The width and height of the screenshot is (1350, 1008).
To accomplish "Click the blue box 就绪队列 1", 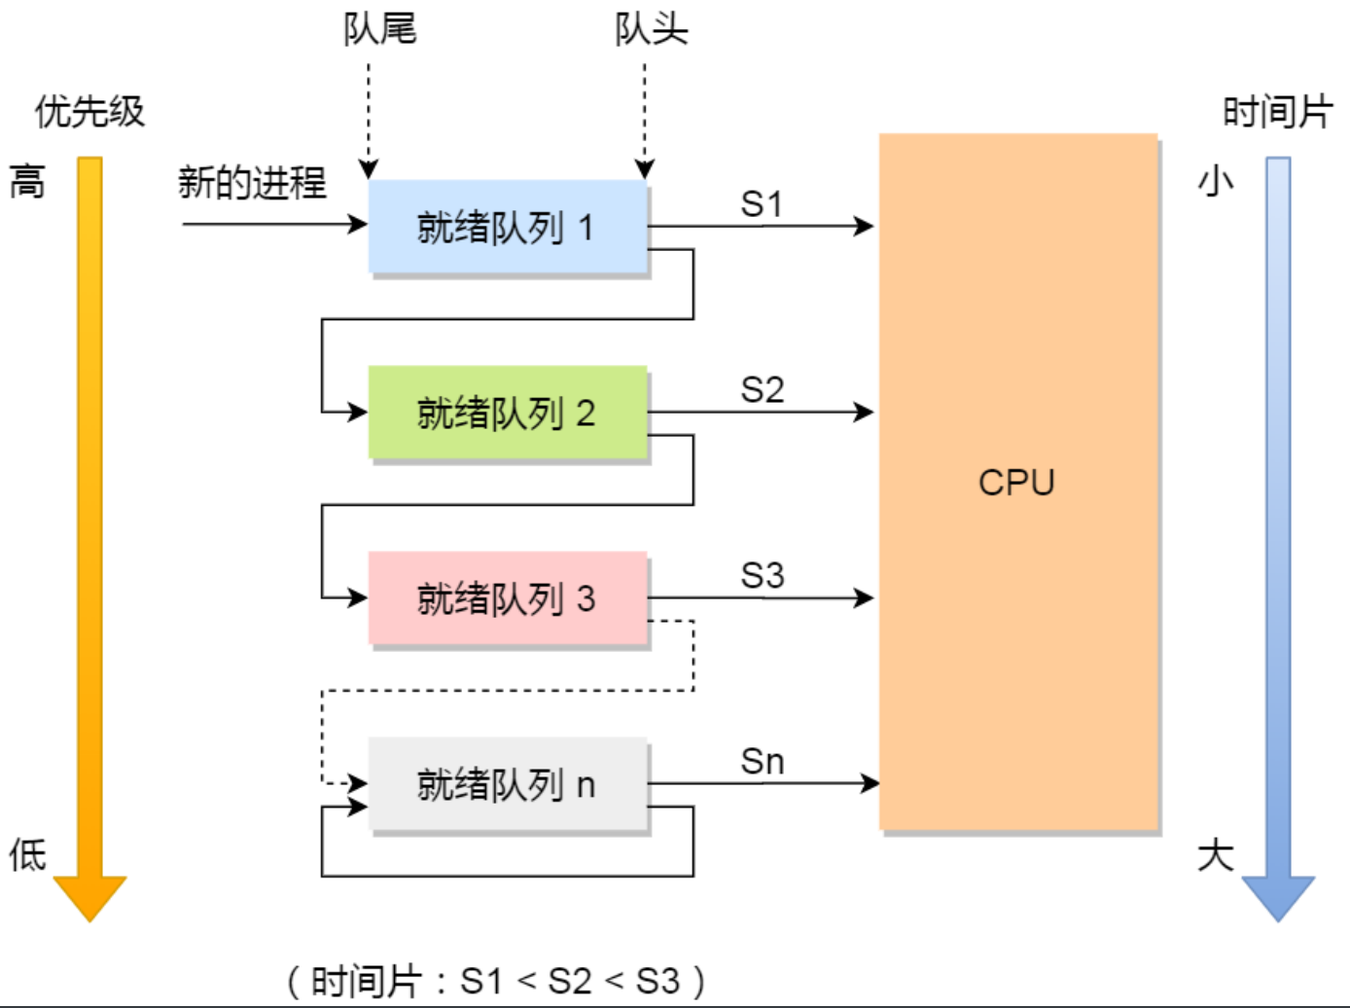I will point(507,228).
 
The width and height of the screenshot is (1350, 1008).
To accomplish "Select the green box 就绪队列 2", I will point(507,413).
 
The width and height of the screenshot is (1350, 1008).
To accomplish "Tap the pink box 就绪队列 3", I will point(507,598).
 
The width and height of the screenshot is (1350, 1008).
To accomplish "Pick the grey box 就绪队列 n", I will point(507,784).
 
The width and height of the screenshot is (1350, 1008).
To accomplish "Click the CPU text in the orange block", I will point(1016,483).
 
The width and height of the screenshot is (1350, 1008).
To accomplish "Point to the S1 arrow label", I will point(762,204).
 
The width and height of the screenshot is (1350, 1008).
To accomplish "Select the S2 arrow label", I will point(762,390).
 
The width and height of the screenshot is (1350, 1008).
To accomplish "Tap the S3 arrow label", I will point(762,575).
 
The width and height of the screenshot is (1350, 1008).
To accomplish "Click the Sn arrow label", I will point(762,762).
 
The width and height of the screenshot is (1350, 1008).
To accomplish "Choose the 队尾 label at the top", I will point(379,29).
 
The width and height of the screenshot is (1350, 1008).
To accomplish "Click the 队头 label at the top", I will point(651,29).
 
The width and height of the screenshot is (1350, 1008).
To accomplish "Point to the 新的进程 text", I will point(252,183).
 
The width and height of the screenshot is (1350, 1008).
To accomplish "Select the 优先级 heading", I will point(89,112).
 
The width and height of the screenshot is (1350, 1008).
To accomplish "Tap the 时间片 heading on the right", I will point(1276,112).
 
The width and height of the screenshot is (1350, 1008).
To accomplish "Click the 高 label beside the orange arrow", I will point(27,182).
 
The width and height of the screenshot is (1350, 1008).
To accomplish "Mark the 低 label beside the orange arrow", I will point(27,855).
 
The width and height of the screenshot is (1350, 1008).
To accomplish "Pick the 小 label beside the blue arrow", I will point(1216,181).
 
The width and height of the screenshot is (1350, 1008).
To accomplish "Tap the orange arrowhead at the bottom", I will point(89,896).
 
